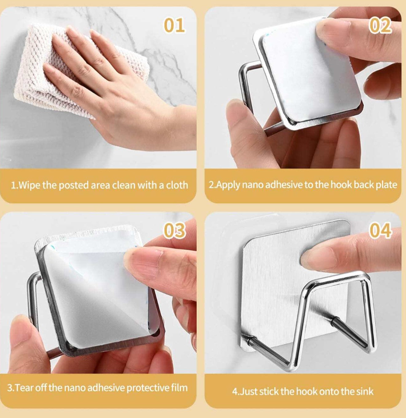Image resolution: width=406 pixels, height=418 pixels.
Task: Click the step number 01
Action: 174,25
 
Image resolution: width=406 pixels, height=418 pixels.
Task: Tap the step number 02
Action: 380,25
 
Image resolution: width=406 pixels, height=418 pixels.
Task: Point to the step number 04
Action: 380,230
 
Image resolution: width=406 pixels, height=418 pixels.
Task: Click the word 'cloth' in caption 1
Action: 177,185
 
